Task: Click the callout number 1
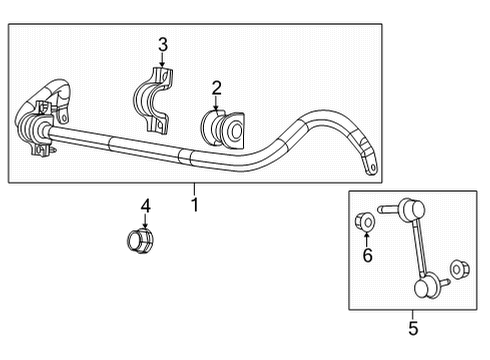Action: pyautogui.click(x=195, y=205)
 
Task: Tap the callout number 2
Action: pyautogui.click(x=216, y=88)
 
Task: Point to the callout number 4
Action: pyautogui.click(x=146, y=206)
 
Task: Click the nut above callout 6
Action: pyautogui.click(x=365, y=220)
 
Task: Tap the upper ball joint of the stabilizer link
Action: pyautogui.click(x=408, y=210)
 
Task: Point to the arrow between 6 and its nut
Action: pyautogui.click(x=366, y=240)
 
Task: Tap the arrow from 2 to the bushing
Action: pyautogui.click(x=216, y=101)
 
